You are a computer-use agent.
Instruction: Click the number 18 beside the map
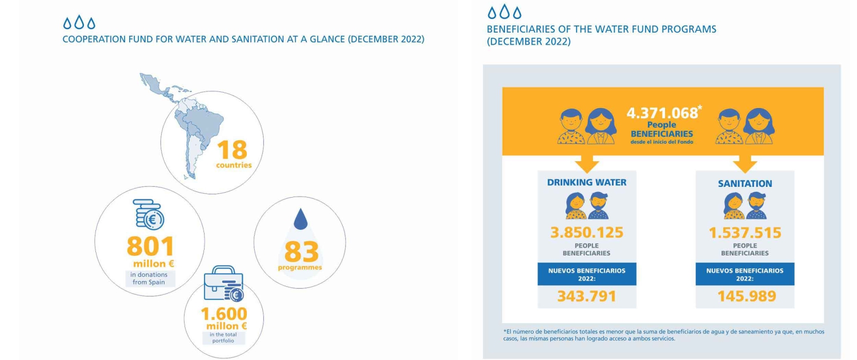pyautogui.click(x=232, y=150)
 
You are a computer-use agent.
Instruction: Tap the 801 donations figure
pyautogui.click(x=150, y=246)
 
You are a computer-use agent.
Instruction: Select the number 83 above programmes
pyautogui.click(x=302, y=251)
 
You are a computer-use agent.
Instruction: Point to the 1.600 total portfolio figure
pyautogui.click(x=224, y=314)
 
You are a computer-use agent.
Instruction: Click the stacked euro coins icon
pyautogui.click(x=149, y=214)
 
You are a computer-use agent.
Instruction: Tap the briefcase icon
pyautogui.click(x=224, y=283)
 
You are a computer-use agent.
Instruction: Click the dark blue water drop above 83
pyautogui.click(x=301, y=219)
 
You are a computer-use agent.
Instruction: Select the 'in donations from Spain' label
pyautogui.click(x=149, y=278)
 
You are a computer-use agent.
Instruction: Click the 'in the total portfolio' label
pyautogui.click(x=223, y=337)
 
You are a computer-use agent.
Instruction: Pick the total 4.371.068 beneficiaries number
pyautogui.click(x=662, y=113)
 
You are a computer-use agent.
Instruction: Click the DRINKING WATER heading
pyautogui.click(x=587, y=182)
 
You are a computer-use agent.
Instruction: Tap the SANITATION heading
pyautogui.click(x=744, y=183)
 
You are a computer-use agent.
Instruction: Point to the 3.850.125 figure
pyautogui.click(x=587, y=233)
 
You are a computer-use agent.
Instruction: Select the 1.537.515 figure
pyautogui.click(x=744, y=233)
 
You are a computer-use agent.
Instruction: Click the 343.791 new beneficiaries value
pyautogui.click(x=587, y=296)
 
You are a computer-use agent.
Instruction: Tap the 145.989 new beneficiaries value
pyautogui.click(x=746, y=296)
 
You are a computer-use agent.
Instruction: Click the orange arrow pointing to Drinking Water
pyautogui.click(x=587, y=164)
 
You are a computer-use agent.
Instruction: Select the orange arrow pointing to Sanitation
pyautogui.click(x=744, y=164)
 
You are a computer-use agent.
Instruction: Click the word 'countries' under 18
pyautogui.click(x=234, y=165)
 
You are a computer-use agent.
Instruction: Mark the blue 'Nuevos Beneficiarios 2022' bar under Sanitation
pyautogui.click(x=744, y=274)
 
